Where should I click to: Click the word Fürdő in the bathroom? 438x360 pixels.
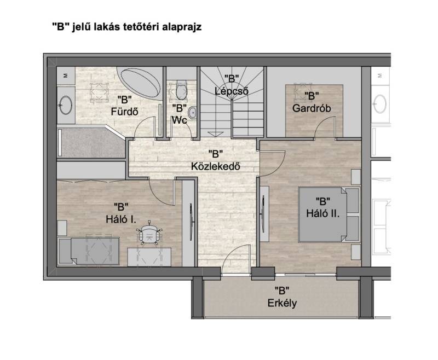click(x=125, y=112)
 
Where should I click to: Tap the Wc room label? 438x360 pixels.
click(x=180, y=120)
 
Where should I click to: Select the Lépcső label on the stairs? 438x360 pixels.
click(x=232, y=91)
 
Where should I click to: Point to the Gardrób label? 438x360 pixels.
click(x=312, y=108)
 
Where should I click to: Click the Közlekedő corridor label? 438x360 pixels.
click(x=215, y=166)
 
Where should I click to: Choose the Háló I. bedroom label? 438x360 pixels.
click(x=121, y=219)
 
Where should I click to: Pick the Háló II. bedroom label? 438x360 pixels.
click(x=322, y=213)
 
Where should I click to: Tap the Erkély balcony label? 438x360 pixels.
click(x=282, y=303)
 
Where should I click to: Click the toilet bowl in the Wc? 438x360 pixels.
click(x=181, y=90)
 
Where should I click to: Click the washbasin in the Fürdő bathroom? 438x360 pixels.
click(x=66, y=105)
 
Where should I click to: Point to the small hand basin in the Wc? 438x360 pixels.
click(x=193, y=113)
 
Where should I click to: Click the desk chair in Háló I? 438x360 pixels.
click(x=149, y=233)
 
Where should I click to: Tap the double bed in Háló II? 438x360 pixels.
click(x=328, y=214)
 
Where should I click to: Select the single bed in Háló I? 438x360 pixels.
click(x=89, y=251)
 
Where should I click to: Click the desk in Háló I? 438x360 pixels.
click(x=149, y=257)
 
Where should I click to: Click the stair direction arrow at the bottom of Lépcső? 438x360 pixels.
click(x=215, y=133)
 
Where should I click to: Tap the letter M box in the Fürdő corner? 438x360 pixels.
click(x=66, y=76)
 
